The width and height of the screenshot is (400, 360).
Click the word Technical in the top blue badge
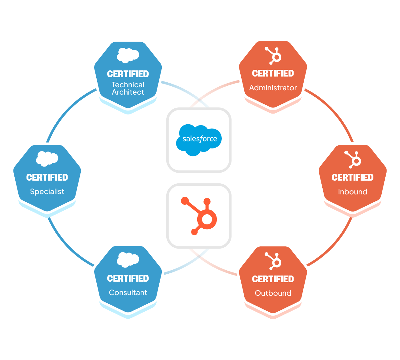coord(128,85)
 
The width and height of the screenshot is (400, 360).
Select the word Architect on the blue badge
coord(128,92)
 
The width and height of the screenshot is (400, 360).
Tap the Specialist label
coord(47,192)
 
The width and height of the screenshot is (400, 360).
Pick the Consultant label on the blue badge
coord(128,293)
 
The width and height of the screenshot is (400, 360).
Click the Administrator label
coord(273,88)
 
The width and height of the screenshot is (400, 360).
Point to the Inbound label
coord(352,192)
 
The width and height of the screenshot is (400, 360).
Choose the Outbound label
coord(273,293)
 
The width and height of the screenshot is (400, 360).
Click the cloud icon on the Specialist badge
coord(47,159)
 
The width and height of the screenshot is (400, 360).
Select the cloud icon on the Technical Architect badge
coord(128,55)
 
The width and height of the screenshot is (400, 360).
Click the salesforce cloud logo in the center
coord(199,140)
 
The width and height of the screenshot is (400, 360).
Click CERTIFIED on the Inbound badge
coord(352,178)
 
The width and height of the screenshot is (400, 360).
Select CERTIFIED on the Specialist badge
coord(47,178)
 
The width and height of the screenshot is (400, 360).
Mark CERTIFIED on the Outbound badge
coord(273,279)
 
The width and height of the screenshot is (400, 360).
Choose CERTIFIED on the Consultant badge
coord(128,279)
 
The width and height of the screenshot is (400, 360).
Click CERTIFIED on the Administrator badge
coord(273,73)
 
